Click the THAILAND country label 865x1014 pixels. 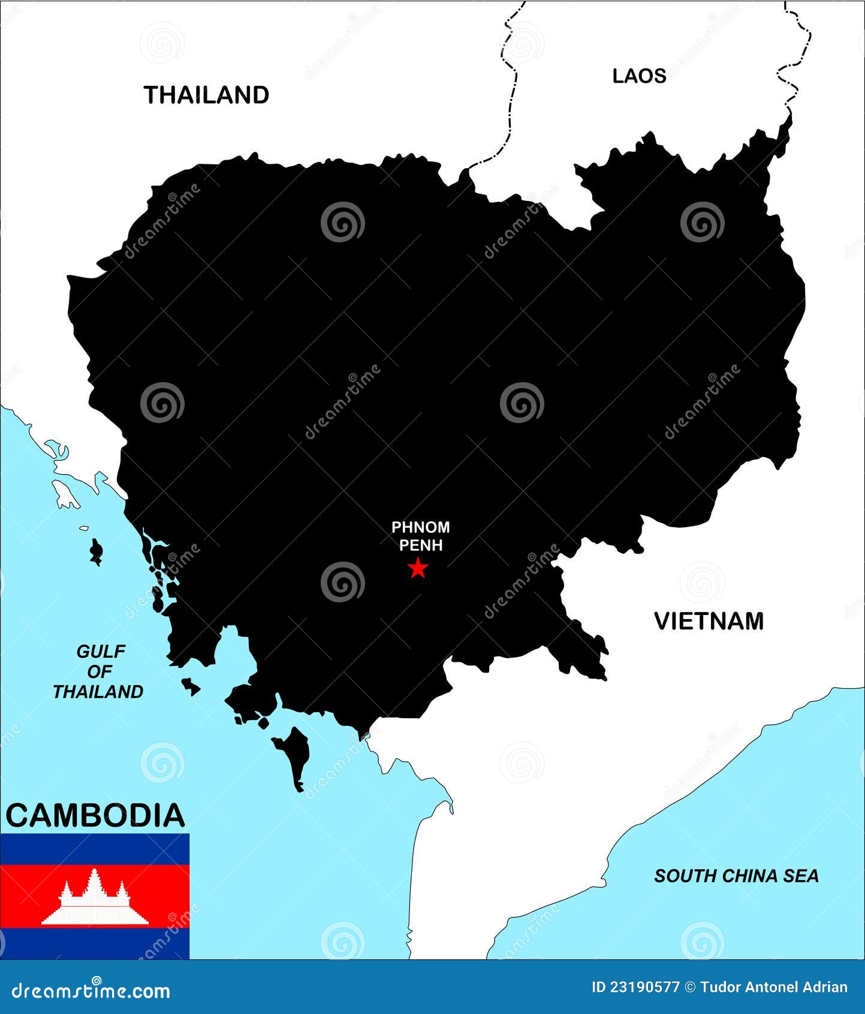click(206, 95)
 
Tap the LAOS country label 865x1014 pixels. click(639, 76)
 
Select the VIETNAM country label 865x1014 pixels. click(709, 621)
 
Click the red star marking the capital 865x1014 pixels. click(418, 568)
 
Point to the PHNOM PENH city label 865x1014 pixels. click(420, 536)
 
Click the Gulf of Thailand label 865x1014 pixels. click(99, 671)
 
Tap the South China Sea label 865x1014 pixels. click(736, 876)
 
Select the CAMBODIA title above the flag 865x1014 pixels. click(95, 815)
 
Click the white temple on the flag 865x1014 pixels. click(95, 896)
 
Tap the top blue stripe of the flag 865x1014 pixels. click(95, 849)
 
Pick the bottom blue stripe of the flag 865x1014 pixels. click(95, 943)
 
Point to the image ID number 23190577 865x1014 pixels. click(635, 987)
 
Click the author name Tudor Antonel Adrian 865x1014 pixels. click(774, 987)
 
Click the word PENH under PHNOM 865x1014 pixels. click(421, 545)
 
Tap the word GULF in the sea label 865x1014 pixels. click(101, 651)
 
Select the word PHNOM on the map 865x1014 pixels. click(420, 527)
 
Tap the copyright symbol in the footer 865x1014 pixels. click(690, 987)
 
